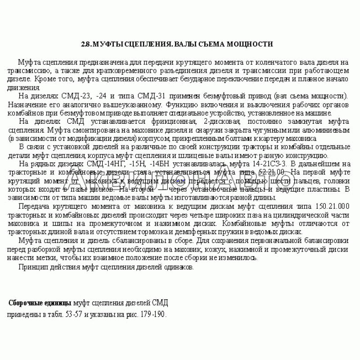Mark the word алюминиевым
pos(329,130)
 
